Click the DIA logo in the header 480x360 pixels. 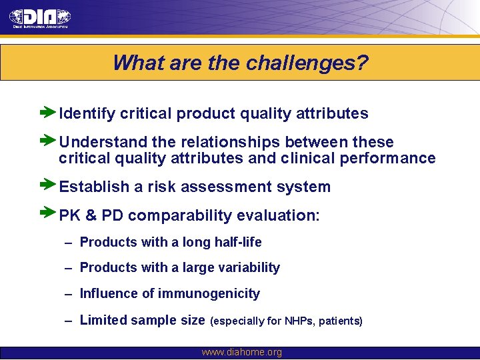40,17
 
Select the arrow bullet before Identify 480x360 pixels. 49,113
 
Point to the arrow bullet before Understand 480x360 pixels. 49,141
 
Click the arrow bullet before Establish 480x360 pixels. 49,186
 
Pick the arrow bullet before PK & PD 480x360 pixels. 49,215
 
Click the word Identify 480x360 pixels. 87,114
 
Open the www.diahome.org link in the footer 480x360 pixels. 241,353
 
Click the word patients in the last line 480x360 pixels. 340,321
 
